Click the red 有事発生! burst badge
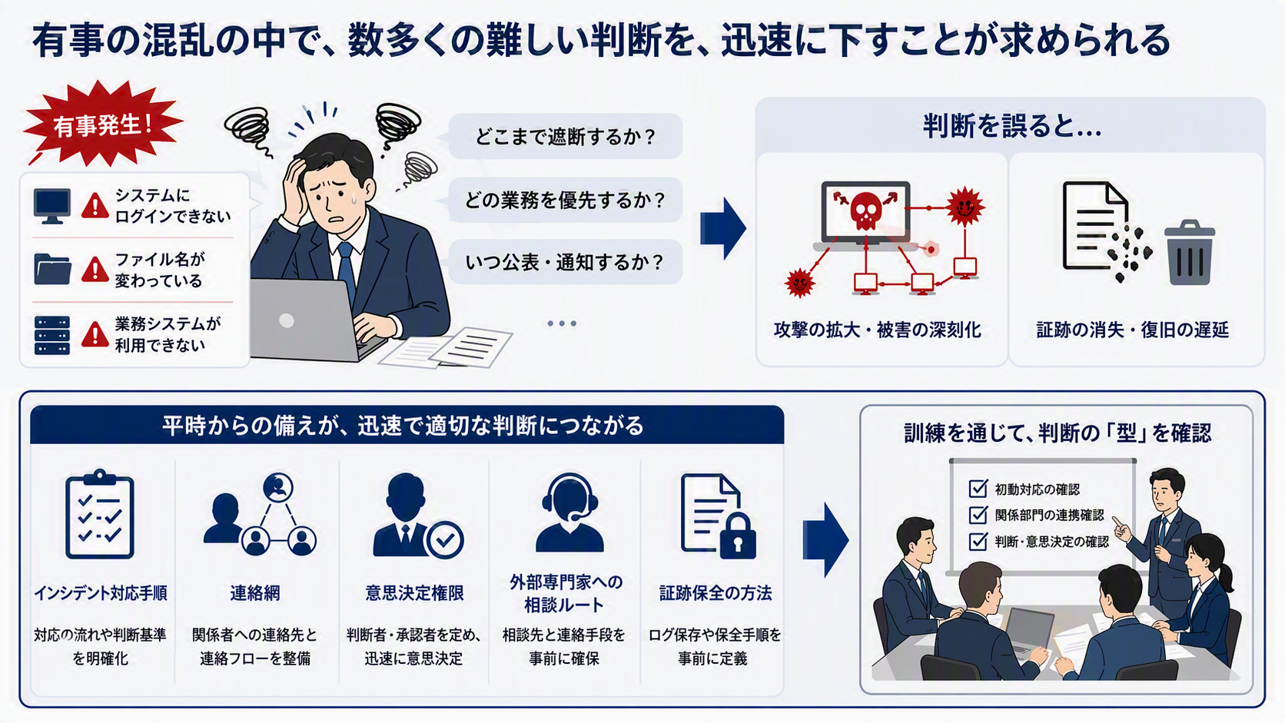coord(103,123)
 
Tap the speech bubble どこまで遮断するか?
coord(565,137)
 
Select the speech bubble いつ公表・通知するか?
coord(565,263)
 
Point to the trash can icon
coord(1189,253)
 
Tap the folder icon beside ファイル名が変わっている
coord(52,269)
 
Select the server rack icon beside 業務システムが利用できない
coord(52,335)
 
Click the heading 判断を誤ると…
coord(1012,126)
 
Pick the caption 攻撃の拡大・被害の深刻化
coord(877,330)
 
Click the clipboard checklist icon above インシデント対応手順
coord(100,514)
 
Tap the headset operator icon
coord(569,513)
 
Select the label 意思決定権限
coord(414,593)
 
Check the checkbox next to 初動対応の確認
coord(978,489)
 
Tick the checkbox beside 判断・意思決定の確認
coord(978,541)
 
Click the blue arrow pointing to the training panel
coord(825,539)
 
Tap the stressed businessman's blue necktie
coord(347,270)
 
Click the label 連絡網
coord(254,593)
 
